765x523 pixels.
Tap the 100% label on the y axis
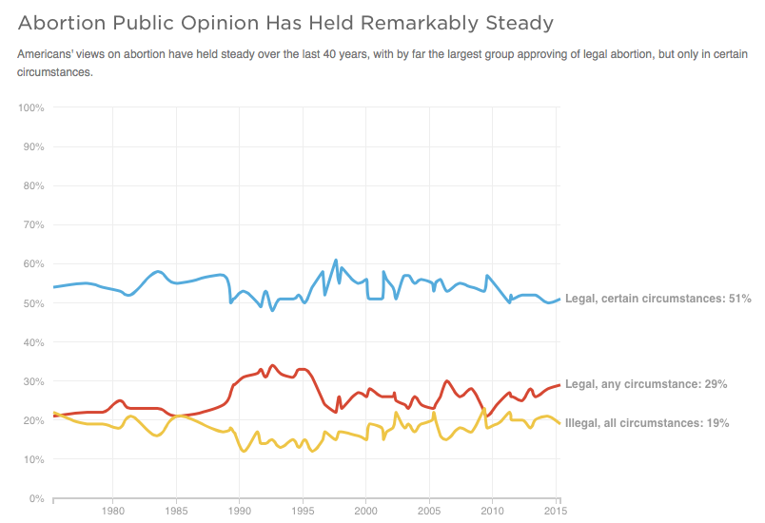[31, 108]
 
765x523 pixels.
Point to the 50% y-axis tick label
[33, 303]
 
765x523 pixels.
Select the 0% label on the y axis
[36, 498]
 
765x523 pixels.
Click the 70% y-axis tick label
[33, 225]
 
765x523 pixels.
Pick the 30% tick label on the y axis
[33, 381]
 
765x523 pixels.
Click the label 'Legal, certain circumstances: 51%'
[657, 299]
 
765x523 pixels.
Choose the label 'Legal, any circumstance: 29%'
[646, 384]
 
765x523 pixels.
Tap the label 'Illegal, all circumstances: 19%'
[647, 422]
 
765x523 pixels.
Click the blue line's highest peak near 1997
[335, 260]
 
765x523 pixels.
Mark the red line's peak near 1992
[273, 365]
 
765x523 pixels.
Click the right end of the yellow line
[559, 423]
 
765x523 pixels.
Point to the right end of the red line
[559, 385]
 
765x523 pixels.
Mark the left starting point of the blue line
[53, 286]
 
